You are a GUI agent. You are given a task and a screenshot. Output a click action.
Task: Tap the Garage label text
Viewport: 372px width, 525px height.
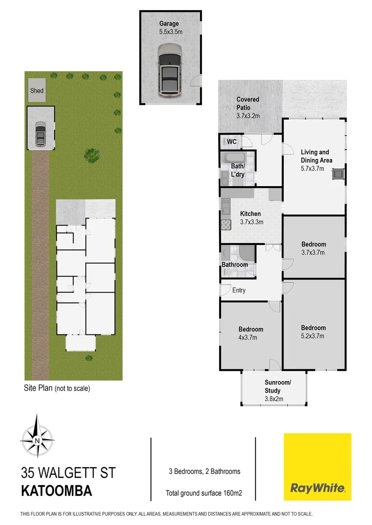(x=169, y=23)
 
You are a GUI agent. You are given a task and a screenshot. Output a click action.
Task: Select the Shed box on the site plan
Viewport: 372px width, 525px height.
(x=37, y=90)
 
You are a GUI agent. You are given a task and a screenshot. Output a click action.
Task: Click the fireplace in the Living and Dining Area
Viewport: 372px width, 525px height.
(x=337, y=174)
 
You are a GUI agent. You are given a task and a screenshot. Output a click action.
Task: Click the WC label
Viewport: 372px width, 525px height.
(x=232, y=141)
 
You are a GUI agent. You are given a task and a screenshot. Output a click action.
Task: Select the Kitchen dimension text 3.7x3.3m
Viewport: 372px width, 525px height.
(x=251, y=222)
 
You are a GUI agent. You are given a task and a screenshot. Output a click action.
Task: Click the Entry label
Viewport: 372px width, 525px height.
(x=239, y=290)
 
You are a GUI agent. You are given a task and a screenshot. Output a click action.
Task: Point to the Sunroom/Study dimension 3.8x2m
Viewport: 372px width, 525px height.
(x=274, y=399)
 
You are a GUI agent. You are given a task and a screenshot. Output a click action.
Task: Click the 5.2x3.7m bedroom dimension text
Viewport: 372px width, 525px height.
(x=313, y=335)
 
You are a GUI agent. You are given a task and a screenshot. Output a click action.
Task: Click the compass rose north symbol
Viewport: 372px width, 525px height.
(x=37, y=441)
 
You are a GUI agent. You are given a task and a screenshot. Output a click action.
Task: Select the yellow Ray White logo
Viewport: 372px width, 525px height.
(x=317, y=467)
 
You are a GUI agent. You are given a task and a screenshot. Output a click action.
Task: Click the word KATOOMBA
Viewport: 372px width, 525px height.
(x=56, y=490)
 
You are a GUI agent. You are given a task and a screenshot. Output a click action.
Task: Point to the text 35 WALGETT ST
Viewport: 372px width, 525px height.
(x=68, y=472)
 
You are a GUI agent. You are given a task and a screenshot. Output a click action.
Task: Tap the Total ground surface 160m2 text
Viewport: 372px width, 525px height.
(x=204, y=493)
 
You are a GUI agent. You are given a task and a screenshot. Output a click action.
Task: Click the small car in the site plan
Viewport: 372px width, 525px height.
(x=40, y=133)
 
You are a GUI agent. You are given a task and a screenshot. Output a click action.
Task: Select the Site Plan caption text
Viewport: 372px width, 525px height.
(x=57, y=388)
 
